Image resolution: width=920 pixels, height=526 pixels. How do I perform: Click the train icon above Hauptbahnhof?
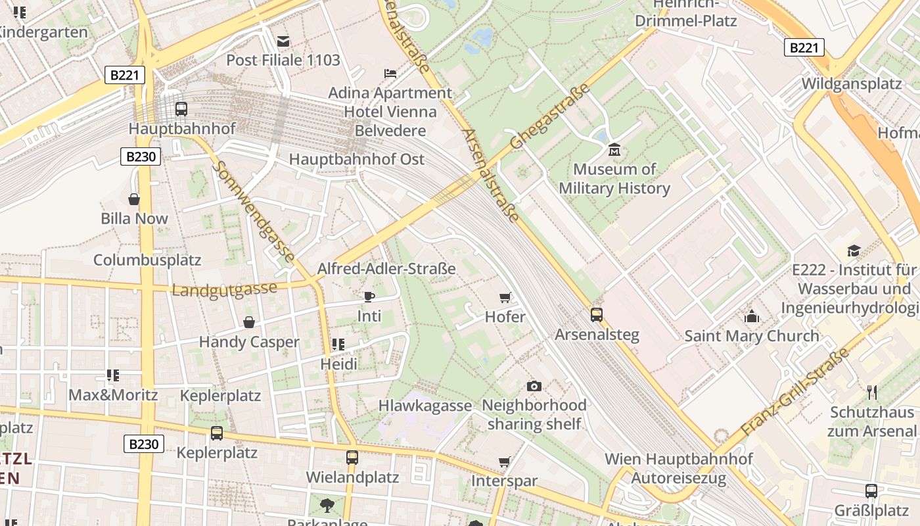[181, 109]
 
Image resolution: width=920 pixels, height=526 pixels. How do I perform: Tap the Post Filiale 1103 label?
[283, 60]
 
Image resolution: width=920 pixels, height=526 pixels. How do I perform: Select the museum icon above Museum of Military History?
[614, 150]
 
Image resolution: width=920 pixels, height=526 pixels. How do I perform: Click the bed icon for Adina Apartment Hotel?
[390, 73]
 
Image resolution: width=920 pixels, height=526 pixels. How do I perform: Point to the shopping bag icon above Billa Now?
[134, 199]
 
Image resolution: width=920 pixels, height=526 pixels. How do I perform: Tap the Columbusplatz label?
[147, 260]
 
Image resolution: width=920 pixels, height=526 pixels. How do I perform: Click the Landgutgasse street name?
[224, 289]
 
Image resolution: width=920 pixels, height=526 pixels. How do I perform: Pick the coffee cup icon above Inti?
[369, 297]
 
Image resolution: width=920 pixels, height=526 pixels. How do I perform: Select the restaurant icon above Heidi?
[338, 345]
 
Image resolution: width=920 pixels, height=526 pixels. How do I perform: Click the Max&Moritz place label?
[113, 395]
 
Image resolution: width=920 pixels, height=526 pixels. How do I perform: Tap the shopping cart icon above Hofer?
[505, 298]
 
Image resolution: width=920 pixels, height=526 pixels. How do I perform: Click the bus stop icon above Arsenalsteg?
[597, 315]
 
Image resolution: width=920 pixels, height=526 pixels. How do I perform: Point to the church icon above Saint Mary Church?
[752, 316]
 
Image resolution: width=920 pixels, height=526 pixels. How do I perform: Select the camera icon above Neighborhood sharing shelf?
[534, 386]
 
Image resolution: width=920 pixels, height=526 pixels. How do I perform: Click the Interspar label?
[504, 481]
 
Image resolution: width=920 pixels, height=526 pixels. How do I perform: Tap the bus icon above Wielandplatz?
[352, 457]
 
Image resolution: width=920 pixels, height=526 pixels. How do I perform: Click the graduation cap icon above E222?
[854, 251]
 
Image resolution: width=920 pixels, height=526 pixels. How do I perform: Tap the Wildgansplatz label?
[851, 84]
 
